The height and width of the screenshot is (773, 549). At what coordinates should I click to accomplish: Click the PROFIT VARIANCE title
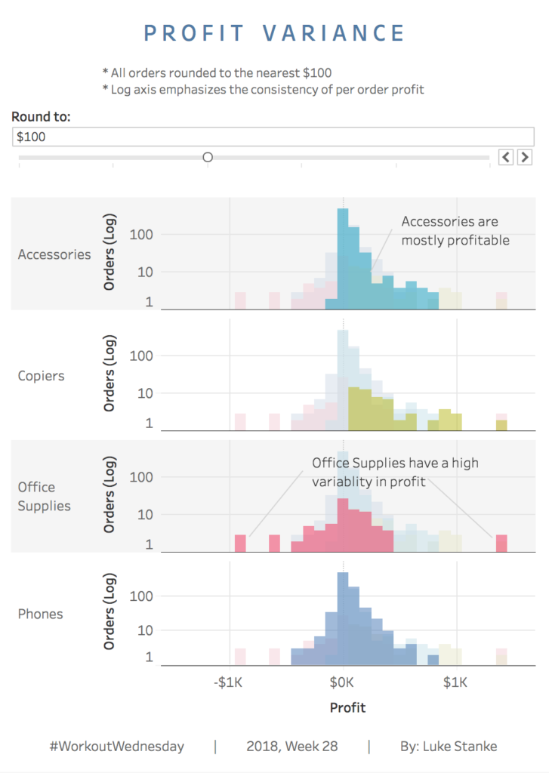click(275, 33)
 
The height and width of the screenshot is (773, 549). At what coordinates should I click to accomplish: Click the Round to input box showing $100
click(274, 137)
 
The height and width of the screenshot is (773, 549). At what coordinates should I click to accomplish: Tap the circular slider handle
click(208, 157)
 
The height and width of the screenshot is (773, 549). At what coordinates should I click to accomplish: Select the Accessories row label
click(54, 254)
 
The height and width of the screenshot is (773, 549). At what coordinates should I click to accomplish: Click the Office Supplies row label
click(45, 497)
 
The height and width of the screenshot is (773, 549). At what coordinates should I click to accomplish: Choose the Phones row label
click(41, 614)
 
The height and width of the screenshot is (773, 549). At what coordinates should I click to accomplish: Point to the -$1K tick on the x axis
click(228, 683)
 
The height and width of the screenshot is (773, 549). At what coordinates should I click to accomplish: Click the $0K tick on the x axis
click(342, 683)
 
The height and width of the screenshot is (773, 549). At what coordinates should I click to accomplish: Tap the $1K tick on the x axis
click(455, 683)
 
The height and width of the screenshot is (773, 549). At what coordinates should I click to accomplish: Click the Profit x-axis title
click(347, 708)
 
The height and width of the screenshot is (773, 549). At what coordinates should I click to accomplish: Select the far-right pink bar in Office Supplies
click(501, 544)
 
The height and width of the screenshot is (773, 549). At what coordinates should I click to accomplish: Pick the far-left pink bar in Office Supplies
click(240, 544)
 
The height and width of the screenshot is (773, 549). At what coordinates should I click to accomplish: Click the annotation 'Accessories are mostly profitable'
click(455, 231)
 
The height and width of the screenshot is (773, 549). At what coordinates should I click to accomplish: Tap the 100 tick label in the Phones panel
click(142, 596)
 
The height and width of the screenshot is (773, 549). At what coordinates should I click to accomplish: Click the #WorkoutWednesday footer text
click(116, 747)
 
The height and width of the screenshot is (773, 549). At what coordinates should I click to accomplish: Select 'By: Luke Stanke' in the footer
click(449, 747)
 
